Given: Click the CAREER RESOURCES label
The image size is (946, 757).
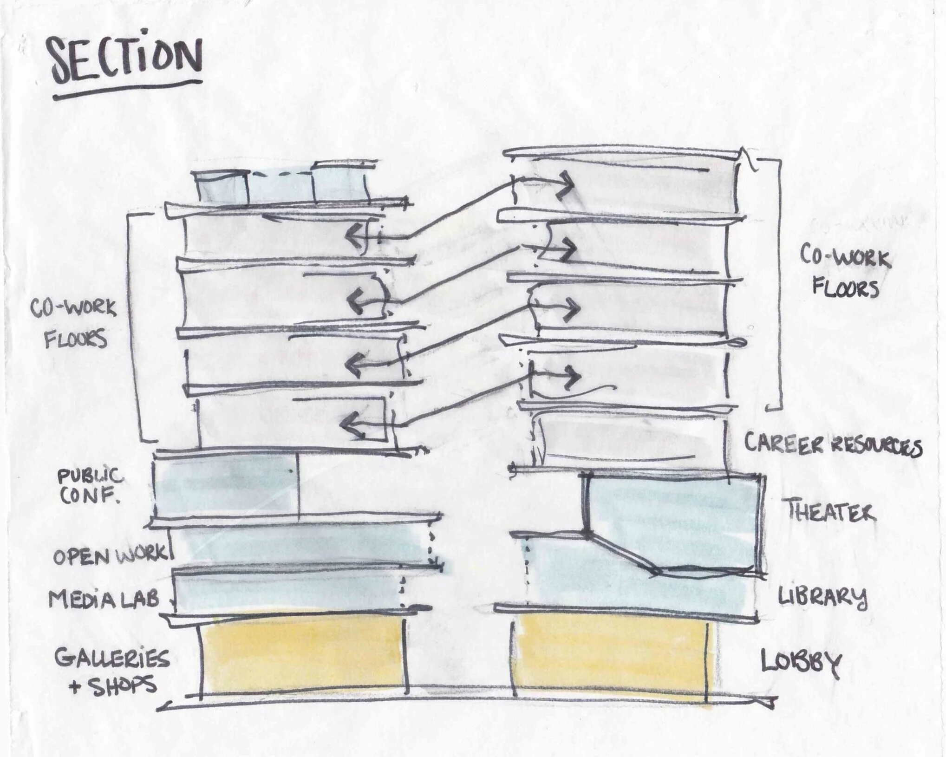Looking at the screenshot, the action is [833, 444].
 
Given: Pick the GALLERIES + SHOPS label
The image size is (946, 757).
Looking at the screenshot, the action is [112, 671].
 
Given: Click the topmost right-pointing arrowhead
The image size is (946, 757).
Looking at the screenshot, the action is [567, 184].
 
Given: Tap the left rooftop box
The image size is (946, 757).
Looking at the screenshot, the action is [221, 187].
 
